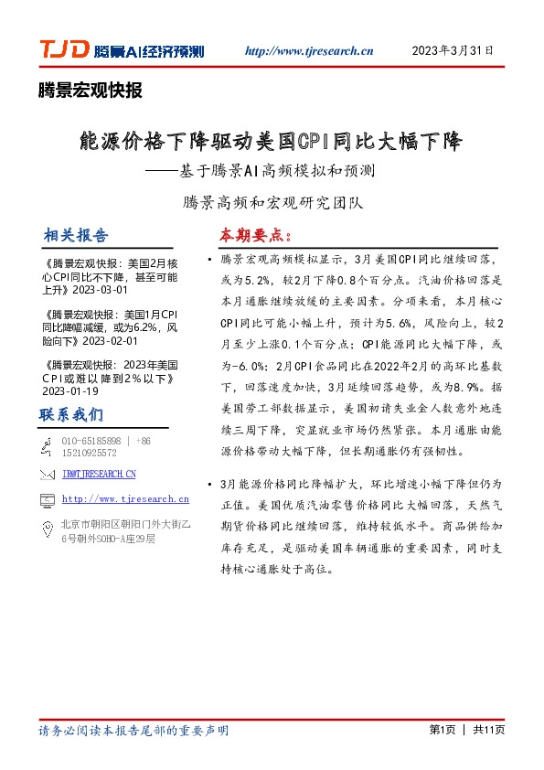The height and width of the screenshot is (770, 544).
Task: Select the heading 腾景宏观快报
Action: [x=91, y=90]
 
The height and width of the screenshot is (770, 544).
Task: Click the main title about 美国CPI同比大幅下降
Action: [x=272, y=142]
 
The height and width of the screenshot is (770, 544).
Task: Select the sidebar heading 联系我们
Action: [x=71, y=414]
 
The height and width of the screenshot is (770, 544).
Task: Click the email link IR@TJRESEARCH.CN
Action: [x=99, y=474]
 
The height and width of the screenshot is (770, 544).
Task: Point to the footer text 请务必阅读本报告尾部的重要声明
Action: [x=133, y=731]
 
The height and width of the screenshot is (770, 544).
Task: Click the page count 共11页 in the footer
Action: [x=489, y=731]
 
